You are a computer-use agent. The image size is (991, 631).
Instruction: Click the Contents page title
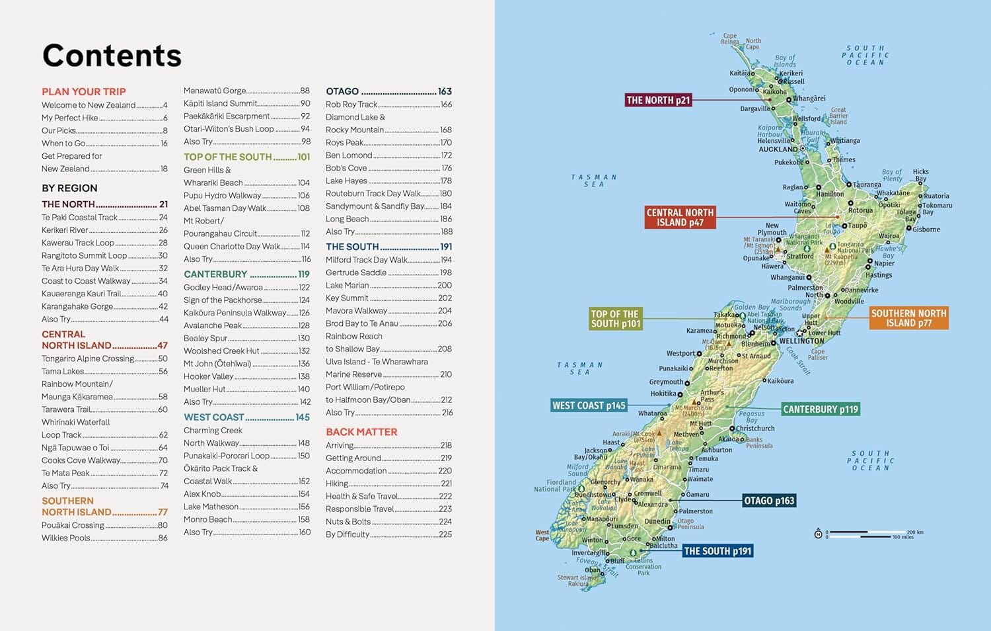click(x=112, y=56)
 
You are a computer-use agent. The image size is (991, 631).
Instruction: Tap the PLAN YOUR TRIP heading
click(x=83, y=92)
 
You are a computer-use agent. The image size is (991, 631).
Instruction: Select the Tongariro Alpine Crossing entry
click(x=88, y=358)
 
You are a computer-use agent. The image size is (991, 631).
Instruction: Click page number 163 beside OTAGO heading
click(x=445, y=91)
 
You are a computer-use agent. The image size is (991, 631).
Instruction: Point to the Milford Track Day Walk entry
click(x=367, y=260)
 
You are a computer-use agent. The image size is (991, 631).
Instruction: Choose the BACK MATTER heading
click(x=361, y=432)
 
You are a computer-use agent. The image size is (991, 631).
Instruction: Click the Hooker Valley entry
click(x=208, y=376)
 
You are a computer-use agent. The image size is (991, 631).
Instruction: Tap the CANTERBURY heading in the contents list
click(x=215, y=274)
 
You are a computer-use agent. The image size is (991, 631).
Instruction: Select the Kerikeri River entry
click(x=65, y=230)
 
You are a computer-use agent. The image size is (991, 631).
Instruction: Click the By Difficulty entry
click(x=348, y=534)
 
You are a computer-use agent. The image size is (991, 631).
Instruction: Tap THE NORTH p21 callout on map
click(x=658, y=101)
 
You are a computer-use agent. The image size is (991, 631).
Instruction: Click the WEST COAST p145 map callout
click(x=589, y=405)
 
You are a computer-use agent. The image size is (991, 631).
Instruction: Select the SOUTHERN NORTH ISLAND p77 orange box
click(x=908, y=318)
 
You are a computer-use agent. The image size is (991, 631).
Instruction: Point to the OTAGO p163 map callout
click(x=769, y=501)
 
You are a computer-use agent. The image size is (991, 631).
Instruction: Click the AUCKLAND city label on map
click(x=778, y=149)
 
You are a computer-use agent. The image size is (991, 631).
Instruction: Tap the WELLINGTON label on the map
click(x=801, y=341)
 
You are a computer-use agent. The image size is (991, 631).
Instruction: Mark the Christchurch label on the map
click(x=755, y=429)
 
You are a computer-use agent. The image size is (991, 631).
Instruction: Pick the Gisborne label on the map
click(x=926, y=230)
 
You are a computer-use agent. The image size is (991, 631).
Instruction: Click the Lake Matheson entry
click(x=211, y=507)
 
